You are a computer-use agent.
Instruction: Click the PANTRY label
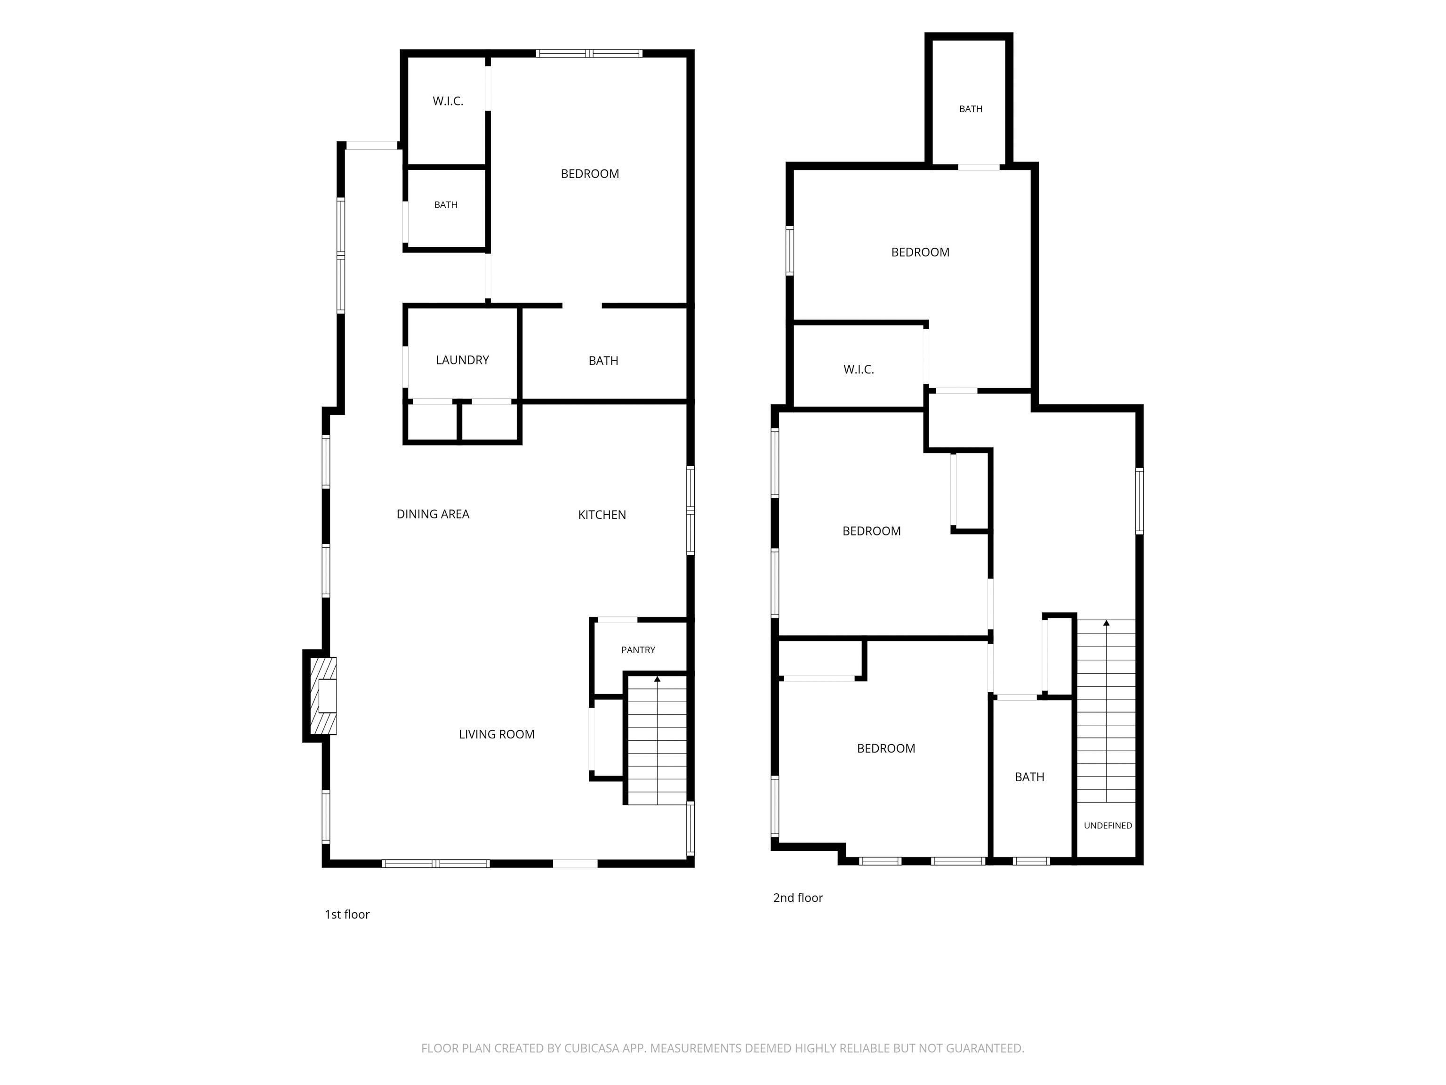coord(638,650)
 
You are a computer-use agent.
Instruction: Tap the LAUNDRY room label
coord(462,360)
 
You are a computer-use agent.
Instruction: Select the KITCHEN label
coord(602,515)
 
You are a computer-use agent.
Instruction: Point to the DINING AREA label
coord(433,515)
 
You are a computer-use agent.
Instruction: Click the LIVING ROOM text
coord(497,735)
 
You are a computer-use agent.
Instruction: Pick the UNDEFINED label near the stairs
coord(1108,826)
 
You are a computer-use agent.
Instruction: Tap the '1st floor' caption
coord(347,915)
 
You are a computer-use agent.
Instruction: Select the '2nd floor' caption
coord(798,898)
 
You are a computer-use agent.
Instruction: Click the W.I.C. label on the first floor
coord(448,101)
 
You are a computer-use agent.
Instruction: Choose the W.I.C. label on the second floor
coord(858,370)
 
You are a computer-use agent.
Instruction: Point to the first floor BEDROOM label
coord(590,174)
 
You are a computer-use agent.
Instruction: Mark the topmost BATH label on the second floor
coord(971,109)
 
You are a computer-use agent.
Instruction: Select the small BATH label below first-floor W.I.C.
coord(446,205)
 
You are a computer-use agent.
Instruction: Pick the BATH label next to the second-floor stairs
coord(1029,777)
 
